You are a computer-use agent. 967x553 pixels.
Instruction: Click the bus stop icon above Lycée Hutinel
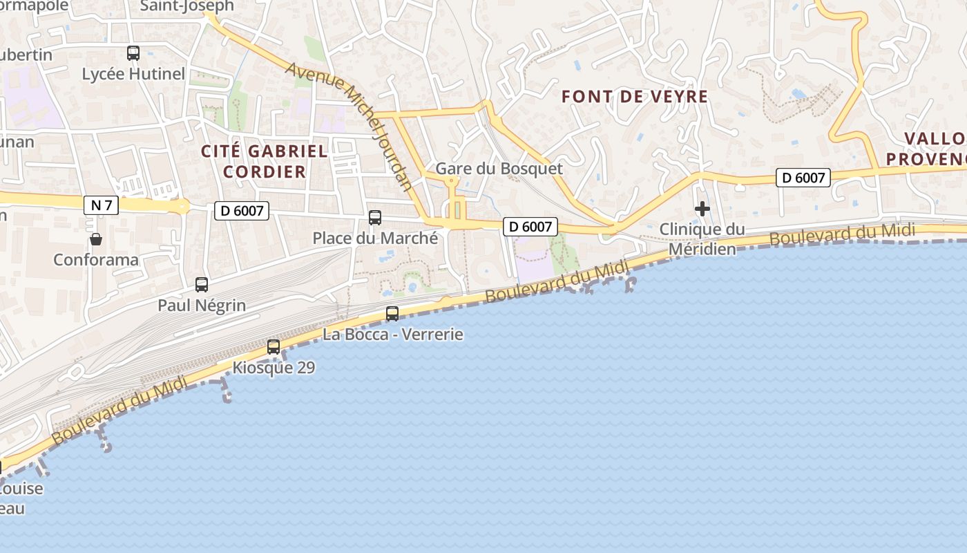133,53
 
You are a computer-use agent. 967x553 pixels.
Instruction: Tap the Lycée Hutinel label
133,74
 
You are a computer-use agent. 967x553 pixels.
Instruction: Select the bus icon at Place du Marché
375,218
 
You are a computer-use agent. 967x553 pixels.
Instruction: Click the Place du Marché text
375,238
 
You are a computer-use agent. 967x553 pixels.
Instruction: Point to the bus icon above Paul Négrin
202,284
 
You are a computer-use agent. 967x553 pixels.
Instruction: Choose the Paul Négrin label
202,305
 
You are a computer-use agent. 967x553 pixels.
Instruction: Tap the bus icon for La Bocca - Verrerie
392,313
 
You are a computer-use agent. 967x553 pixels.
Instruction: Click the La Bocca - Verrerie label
392,335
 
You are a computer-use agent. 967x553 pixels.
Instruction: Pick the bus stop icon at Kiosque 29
274,346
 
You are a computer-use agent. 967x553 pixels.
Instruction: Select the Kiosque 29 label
274,368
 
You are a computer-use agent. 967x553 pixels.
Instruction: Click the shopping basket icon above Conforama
96,239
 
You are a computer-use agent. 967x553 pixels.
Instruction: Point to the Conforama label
96,260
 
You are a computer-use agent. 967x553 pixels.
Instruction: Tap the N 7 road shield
101,205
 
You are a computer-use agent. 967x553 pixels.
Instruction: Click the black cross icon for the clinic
702,209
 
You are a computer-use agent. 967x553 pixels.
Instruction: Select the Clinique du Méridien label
702,238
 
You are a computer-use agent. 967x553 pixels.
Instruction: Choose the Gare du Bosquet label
499,169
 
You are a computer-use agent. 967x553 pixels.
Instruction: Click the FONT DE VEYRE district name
635,97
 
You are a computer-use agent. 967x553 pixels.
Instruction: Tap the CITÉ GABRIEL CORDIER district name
264,161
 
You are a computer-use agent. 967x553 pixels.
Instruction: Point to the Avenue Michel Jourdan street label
349,125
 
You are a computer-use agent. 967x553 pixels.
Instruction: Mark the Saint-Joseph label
186,6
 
